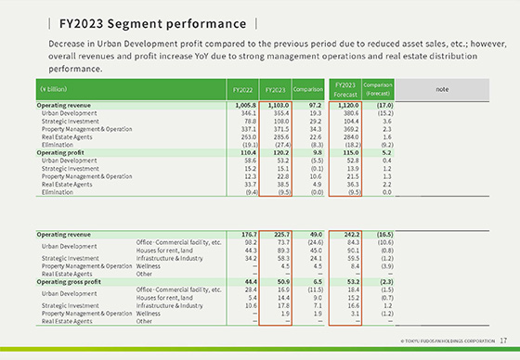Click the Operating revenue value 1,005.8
242,106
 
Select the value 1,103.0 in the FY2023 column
275,106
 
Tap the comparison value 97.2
310,106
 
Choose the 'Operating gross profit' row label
71,279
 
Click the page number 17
502,341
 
